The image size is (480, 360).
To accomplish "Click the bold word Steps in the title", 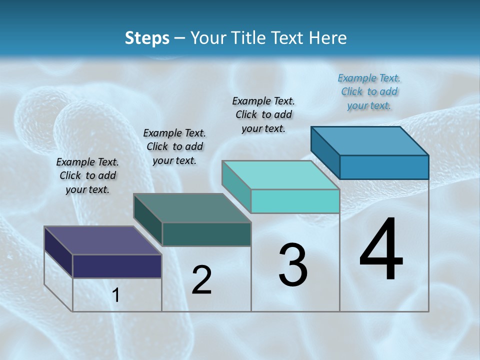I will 147,38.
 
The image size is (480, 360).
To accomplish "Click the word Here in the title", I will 329,38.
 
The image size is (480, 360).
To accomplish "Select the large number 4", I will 381,250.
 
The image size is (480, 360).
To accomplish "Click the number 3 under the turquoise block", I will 293,265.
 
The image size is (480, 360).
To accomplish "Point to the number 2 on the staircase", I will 202,280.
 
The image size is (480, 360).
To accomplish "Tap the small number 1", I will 116,295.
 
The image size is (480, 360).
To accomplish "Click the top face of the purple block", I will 102,240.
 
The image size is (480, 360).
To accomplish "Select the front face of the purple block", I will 117,266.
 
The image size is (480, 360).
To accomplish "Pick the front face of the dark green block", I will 206,234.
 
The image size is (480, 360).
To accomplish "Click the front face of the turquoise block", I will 295,201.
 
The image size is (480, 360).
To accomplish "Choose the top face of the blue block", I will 369,140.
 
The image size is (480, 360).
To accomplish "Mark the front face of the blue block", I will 384,167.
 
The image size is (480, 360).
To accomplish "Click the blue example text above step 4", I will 369,92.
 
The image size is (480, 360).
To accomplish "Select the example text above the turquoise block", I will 263,114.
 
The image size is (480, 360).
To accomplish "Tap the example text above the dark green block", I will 174,146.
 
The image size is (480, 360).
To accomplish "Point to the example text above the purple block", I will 87,175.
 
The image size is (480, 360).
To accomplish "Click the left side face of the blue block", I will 325,152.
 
